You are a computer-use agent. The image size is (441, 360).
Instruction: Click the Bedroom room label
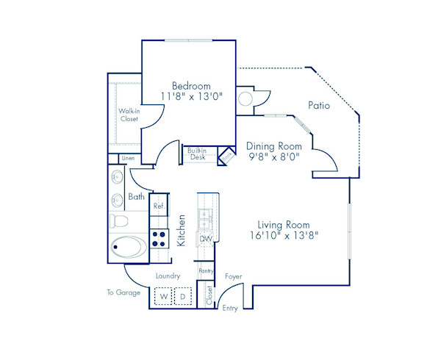point(191,84)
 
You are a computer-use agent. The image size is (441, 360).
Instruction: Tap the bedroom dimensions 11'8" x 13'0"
point(191,96)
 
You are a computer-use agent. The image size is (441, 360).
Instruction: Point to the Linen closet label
point(128,158)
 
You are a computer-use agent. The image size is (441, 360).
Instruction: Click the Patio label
point(319,106)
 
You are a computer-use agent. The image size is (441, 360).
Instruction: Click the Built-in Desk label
point(198,154)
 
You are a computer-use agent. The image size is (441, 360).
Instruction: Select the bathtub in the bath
point(130,247)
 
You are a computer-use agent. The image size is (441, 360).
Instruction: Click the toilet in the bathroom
point(119,220)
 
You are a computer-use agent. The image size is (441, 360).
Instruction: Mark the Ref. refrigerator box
point(159,206)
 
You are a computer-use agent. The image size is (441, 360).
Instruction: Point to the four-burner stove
point(159,237)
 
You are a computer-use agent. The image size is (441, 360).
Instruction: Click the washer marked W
point(163,295)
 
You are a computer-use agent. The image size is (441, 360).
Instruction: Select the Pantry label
point(206,271)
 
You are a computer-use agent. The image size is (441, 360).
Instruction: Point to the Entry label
point(230,308)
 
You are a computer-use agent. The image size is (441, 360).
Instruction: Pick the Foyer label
point(234,276)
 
